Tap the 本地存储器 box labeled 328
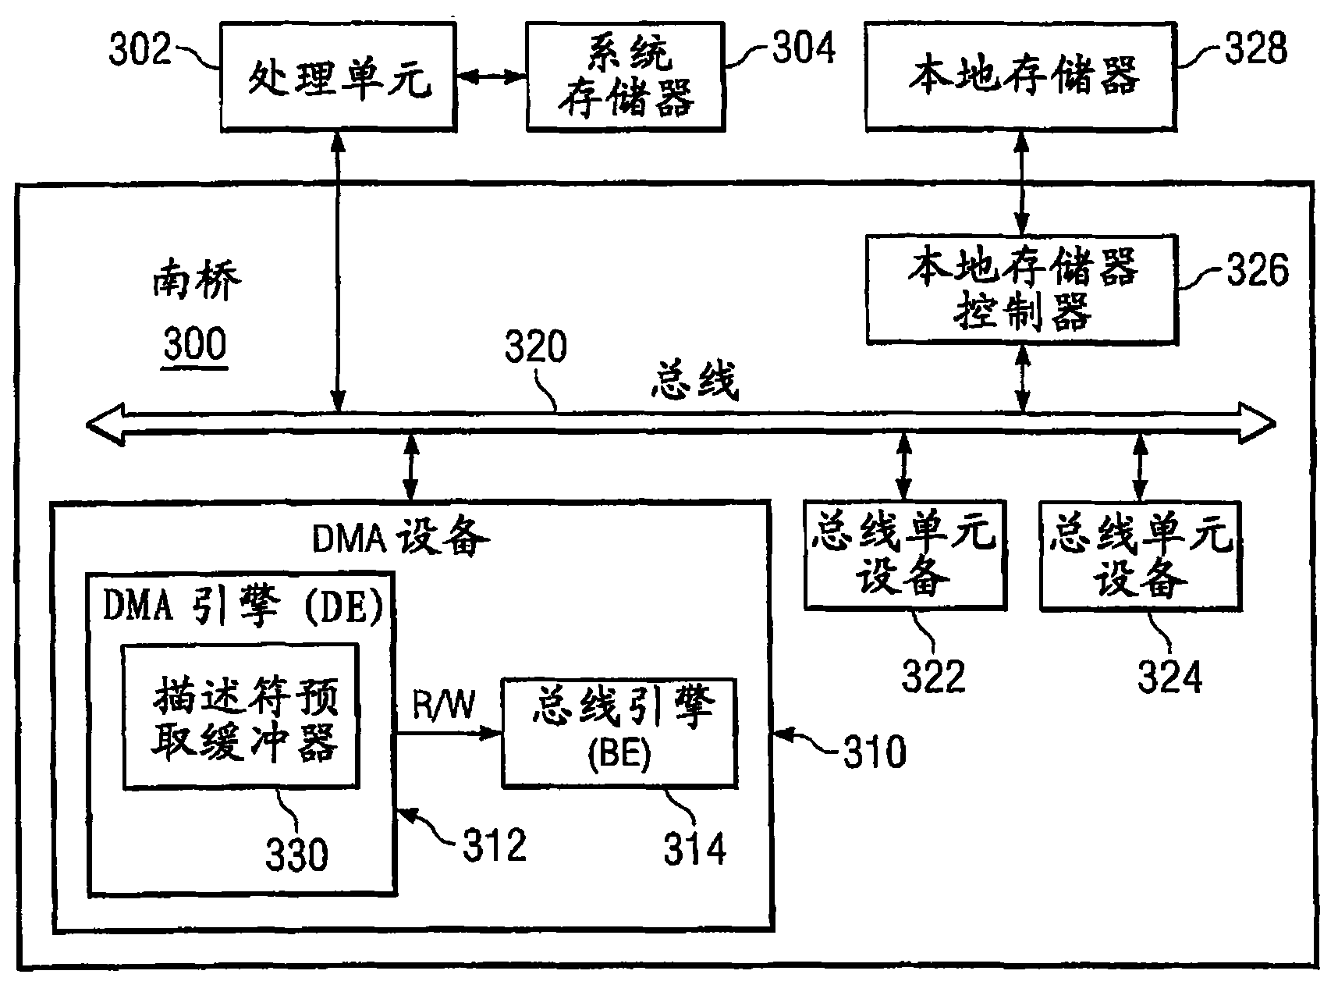[1020, 76]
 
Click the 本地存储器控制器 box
[1022, 290]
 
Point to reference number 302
[140, 50]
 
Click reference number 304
[804, 48]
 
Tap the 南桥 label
[196, 283]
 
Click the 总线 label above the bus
[694, 382]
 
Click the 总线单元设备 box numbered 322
[903, 556]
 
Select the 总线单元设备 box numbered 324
[1141, 556]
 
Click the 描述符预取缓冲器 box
[241, 716]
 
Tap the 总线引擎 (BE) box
[619, 732]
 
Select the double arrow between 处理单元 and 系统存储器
[491, 76]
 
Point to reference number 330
[296, 855]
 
